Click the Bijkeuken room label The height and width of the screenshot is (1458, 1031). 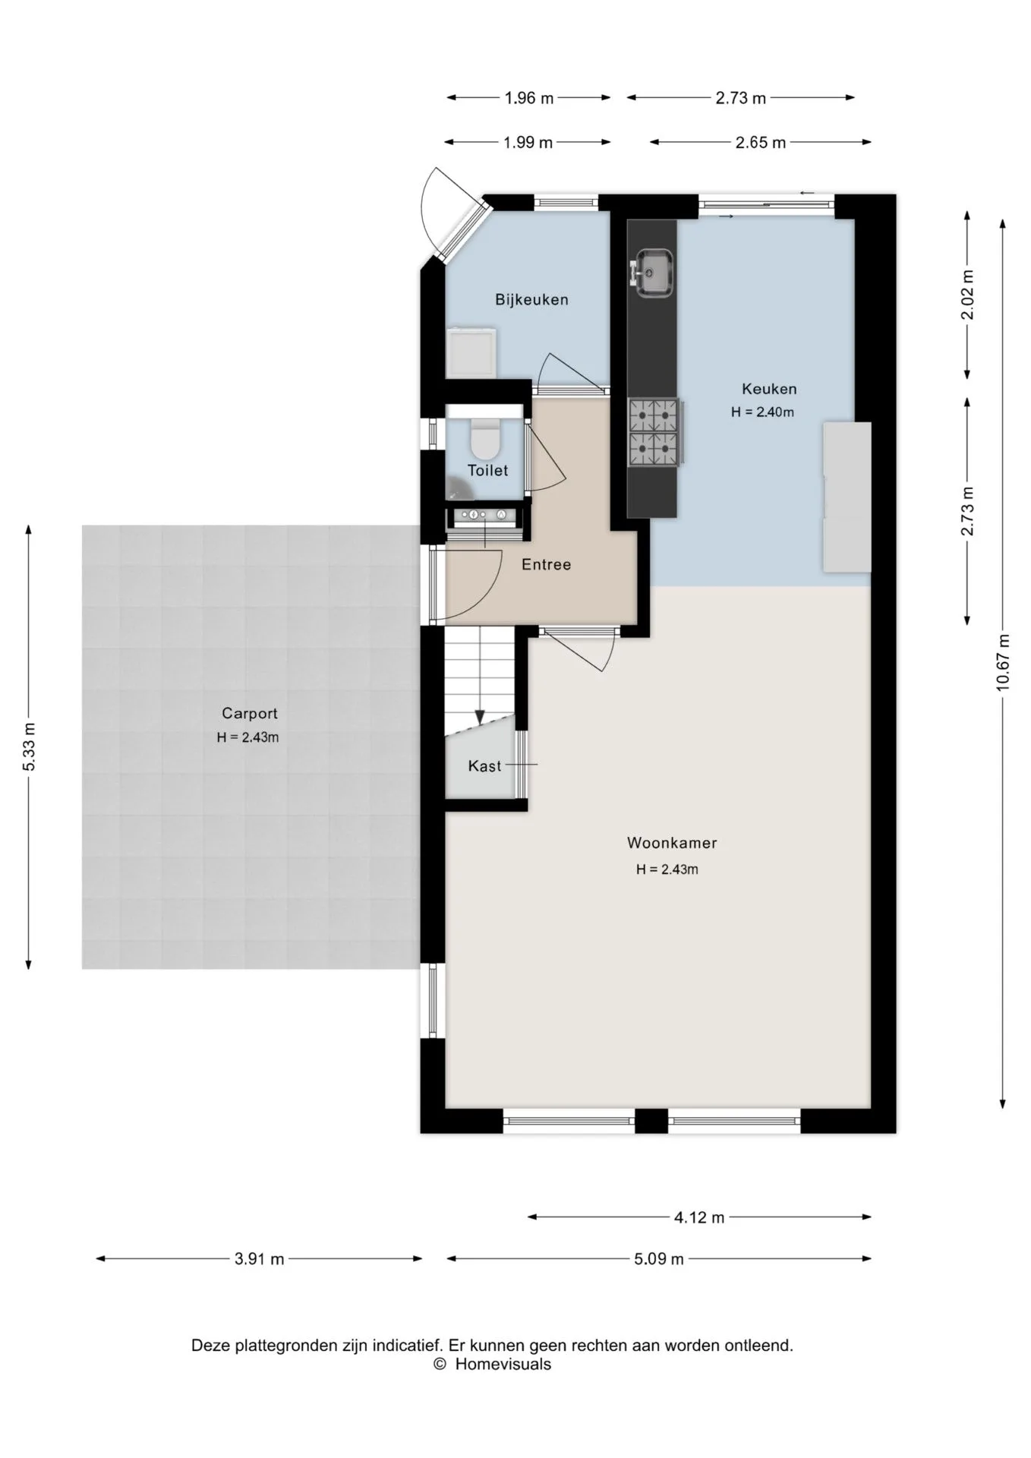pos(531,299)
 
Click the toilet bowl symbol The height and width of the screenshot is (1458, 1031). pos(484,437)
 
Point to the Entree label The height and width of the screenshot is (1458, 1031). pos(547,564)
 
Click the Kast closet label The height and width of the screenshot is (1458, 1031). pos(484,766)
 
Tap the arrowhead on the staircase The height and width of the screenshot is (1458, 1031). pos(480,718)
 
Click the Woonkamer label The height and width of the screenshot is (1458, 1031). pos(672,842)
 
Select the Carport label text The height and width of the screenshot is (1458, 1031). pos(250,713)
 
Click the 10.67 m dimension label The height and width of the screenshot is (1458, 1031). pos(1003,662)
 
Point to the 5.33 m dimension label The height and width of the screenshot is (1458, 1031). pos(29,747)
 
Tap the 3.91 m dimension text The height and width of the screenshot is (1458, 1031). pos(259,1259)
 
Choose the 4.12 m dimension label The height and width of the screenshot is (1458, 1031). pos(699,1217)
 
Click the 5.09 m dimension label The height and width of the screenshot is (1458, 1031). pos(659,1259)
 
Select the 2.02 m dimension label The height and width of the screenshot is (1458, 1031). pos(967,295)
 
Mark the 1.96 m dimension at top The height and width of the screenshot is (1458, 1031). pos(529,97)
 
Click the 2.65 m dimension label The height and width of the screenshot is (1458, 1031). pos(761,142)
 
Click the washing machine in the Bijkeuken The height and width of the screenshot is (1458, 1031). pos(471,353)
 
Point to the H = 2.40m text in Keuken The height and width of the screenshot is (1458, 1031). pos(762,412)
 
